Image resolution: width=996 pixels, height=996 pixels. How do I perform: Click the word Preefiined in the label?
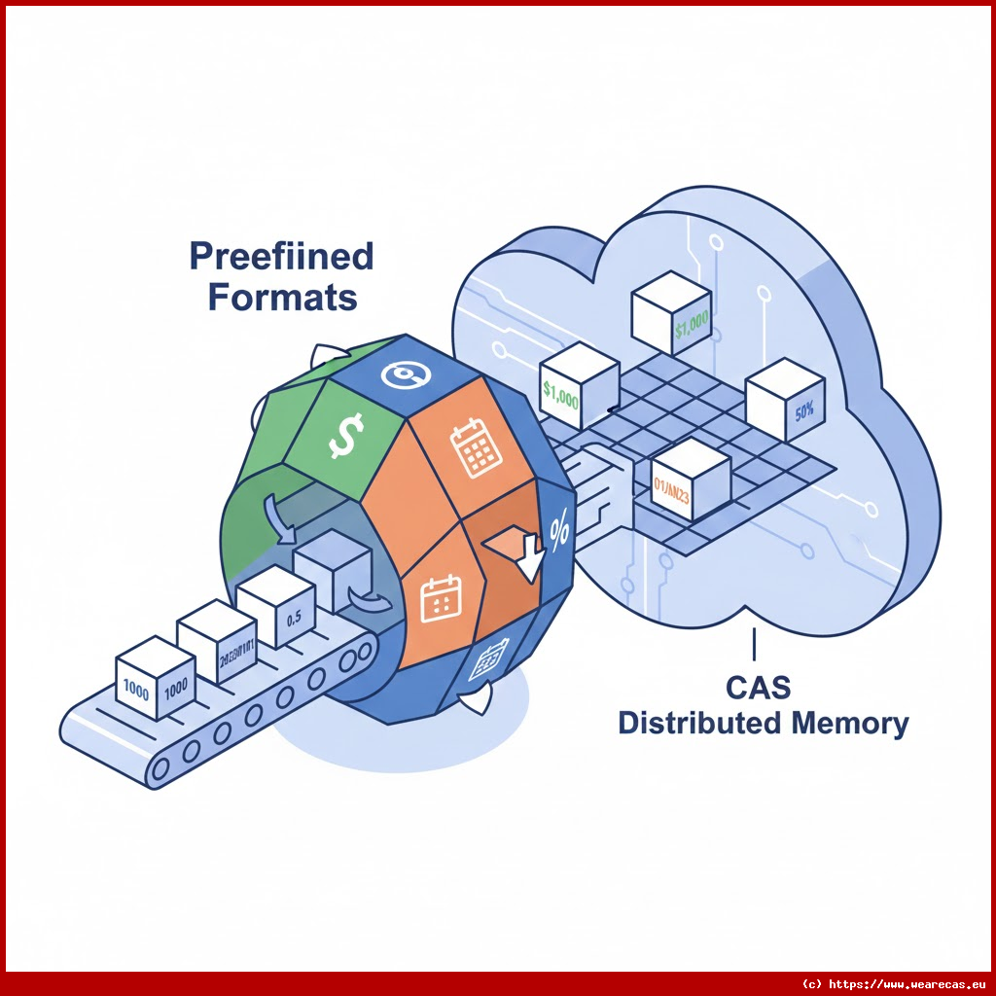click(281, 258)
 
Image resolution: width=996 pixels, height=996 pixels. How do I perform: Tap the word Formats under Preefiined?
click(283, 297)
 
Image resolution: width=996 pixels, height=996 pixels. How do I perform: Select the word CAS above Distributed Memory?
click(758, 688)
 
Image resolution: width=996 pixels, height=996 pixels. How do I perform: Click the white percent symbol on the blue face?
click(559, 530)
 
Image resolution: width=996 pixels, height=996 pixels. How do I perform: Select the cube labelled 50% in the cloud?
click(785, 402)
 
